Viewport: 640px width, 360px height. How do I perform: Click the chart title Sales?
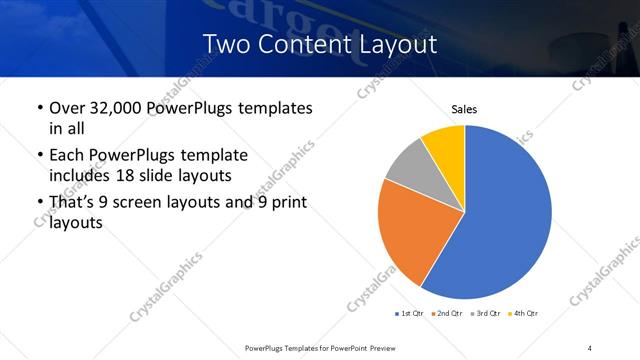coord(464,108)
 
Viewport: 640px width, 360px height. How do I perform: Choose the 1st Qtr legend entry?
coord(411,313)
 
